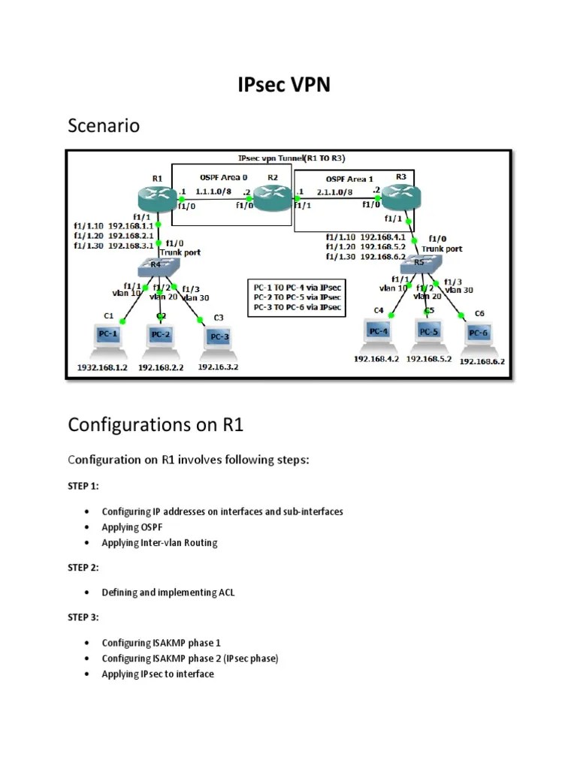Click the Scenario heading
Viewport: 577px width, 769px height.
coord(104,125)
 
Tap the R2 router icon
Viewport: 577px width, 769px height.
coord(271,198)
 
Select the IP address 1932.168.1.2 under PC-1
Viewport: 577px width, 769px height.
coord(104,368)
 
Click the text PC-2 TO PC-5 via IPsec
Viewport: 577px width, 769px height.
coord(295,296)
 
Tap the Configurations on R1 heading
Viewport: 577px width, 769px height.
coord(156,425)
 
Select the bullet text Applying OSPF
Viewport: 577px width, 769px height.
coord(132,526)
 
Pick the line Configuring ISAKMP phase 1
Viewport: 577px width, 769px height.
coord(162,644)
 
